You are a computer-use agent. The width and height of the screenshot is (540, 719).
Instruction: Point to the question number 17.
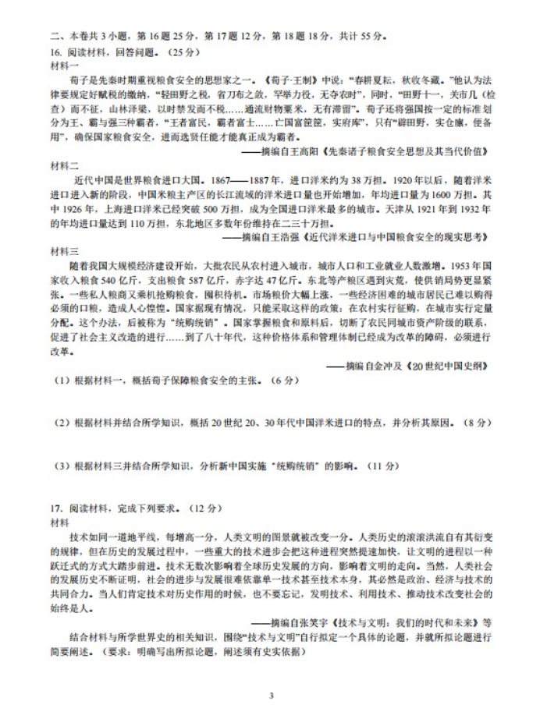54,508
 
